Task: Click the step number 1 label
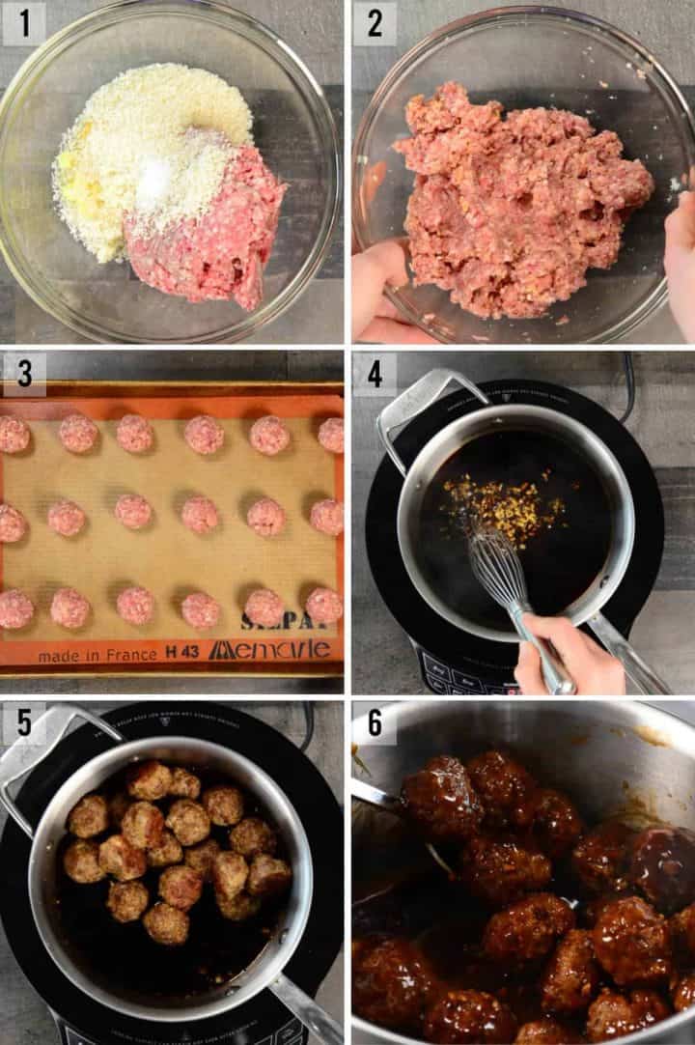pyautogui.click(x=23, y=23)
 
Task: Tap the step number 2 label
pyautogui.click(x=374, y=23)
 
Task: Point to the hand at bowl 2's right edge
pyautogui.click(x=681, y=261)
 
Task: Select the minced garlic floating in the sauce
pyautogui.click(x=502, y=502)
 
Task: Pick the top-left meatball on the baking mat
pyautogui.click(x=13, y=435)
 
